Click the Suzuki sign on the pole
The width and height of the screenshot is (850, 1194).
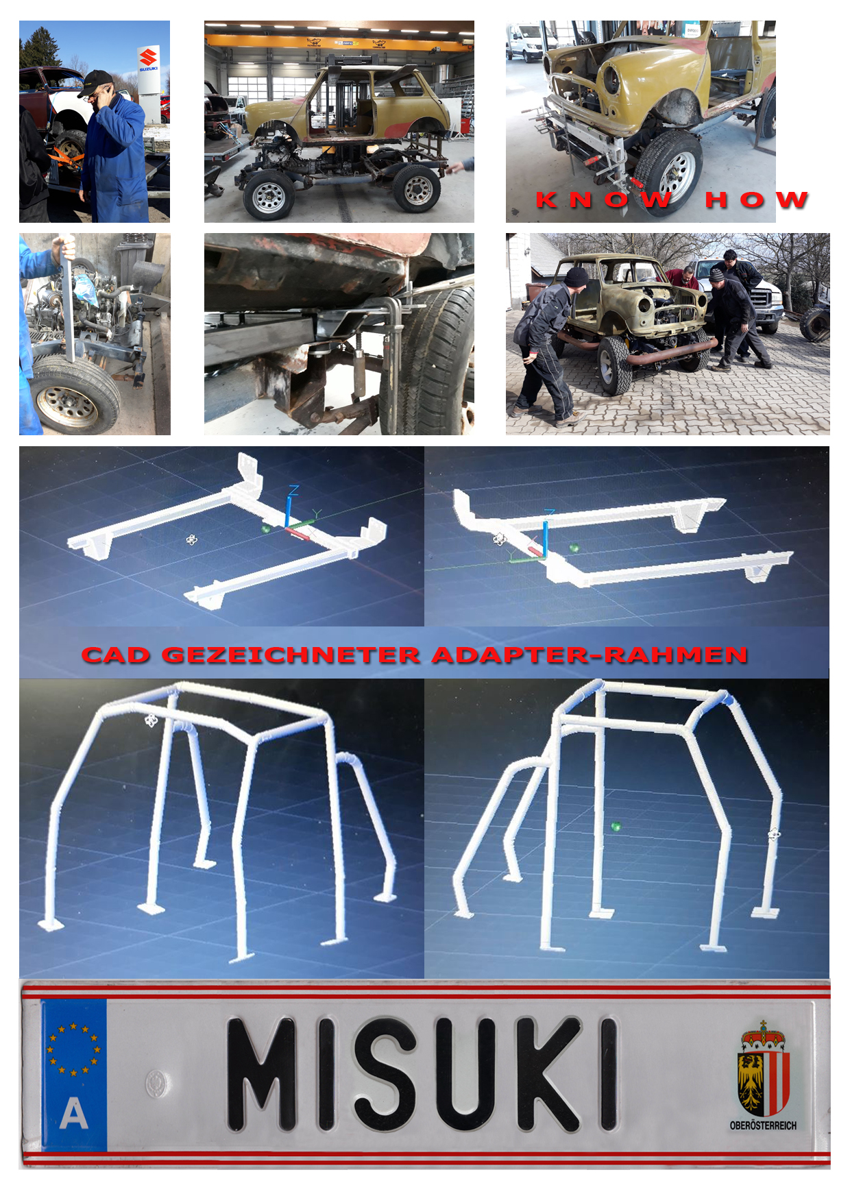pyautogui.click(x=148, y=60)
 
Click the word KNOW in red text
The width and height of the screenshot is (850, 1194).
pyautogui.click(x=603, y=199)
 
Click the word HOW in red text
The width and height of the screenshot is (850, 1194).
pyautogui.click(x=757, y=199)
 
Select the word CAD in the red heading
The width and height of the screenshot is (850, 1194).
pyautogui.click(x=116, y=655)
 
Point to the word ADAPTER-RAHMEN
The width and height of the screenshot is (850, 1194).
pyautogui.click(x=590, y=655)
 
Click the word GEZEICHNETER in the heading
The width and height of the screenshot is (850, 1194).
pyautogui.click(x=291, y=655)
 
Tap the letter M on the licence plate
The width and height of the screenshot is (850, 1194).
pyautogui.click(x=261, y=1073)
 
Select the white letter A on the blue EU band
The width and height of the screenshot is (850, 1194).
pyautogui.click(x=74, y=1113)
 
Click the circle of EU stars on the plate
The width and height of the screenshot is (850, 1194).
pyautogui.click(x=73, y=1049)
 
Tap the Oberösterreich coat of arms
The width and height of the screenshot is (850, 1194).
pyautogui.click(x=763, y=1069)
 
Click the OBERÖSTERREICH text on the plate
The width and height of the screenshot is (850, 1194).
pyautogui.click(x=763, y=1125)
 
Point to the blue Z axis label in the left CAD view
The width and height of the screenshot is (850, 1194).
pyautogui.click(x=293, y=491)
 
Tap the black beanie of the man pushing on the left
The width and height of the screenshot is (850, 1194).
pyautogui.click(x=576, y=278)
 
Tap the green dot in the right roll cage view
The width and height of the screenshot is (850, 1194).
pyautogui.click(x=616, y=827)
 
